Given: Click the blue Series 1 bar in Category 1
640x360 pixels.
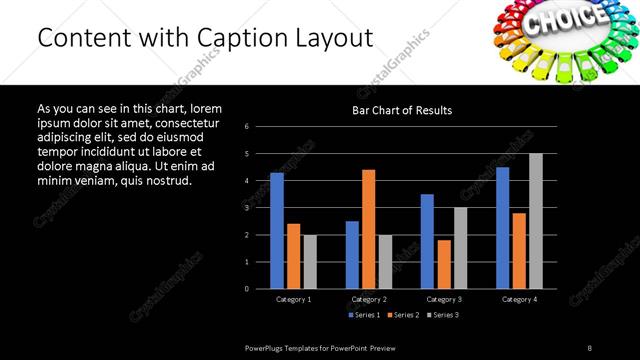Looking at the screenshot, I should click(x=277, y=231).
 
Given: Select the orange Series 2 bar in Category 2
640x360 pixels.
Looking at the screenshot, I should click(x=368, y=229).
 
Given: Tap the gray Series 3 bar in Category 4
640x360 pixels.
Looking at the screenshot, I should click(x=536, y=221).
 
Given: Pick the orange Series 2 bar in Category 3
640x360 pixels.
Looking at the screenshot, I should click(x=444, y=264).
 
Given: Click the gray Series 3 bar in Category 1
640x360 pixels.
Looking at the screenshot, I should click(x=310, y=262).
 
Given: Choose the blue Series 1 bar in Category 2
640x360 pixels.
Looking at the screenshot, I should click(x=352, y=255).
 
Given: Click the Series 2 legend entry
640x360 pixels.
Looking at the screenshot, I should click(x=402, y=315).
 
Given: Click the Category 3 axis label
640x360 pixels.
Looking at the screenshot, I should click(x=444, y=299).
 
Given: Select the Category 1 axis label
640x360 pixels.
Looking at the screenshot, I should click(x=293, y=299).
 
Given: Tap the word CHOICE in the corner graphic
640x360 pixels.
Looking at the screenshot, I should click(x=565, y=20).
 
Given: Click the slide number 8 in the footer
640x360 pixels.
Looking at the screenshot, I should click(x=589, y=347).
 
